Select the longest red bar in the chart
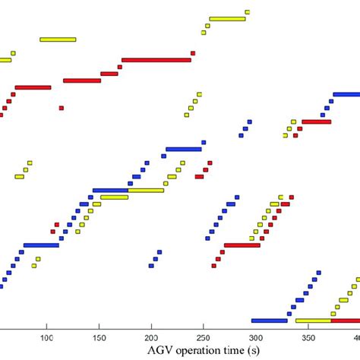[156, 59]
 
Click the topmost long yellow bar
[227, 19]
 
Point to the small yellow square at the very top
[247, 12]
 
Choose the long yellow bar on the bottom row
[313, 321]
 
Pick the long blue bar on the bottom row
[269, 321]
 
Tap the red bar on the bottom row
[346, 321]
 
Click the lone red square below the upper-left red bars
[62, 108]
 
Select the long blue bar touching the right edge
[346, 94]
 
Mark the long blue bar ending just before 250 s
[183, 149]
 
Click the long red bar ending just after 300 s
[242, 245]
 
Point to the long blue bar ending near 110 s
[41, 245]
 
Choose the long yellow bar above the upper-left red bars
[58, 39]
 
